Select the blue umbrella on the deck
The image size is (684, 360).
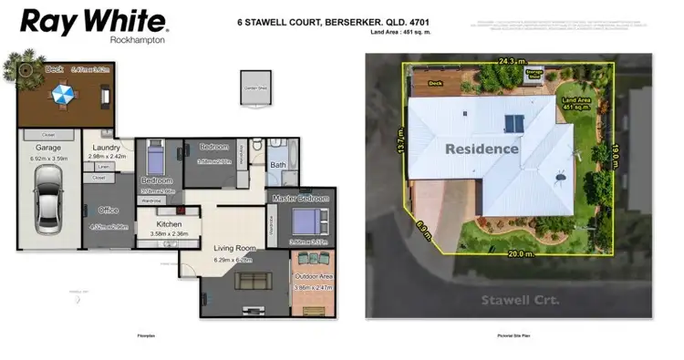point(63,93)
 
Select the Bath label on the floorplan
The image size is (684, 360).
point(278,165)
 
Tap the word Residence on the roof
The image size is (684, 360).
point(482,149)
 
